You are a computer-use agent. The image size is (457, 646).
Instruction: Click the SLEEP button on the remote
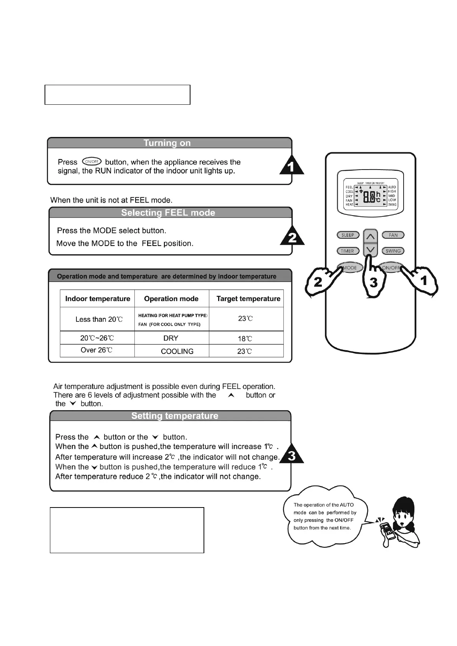click(x=348, y=235)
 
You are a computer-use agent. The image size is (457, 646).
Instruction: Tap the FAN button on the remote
click(x=393, y=235)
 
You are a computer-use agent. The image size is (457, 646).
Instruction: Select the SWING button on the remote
click(x=393, y=251)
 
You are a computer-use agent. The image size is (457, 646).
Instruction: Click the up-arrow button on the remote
click(x=370, y=236)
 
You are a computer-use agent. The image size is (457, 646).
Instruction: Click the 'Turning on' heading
click(x=167, y=143)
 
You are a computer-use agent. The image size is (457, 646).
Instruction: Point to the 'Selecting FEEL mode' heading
click(x=168, y=213)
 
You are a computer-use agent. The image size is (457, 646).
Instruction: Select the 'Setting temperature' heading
click(x=175, y=416)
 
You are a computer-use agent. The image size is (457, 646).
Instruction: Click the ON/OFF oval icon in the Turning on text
click(x=91, y=162)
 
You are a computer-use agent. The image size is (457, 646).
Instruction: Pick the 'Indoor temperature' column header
click(x=98, y=299)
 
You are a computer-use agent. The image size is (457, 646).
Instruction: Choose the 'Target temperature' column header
click(x=248, y=299)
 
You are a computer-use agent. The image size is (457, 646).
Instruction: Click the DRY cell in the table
click(x=171, y=338)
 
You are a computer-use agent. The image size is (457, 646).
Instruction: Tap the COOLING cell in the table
click(x=177, y=351)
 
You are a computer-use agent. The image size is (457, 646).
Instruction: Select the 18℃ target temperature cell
click(x=245, y=338)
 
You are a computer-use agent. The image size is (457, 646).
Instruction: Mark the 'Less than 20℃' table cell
click(x=99, y=319)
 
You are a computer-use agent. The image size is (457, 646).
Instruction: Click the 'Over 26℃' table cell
click(x=96, y=350)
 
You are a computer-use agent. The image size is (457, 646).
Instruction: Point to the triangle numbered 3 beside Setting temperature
click(x=292, y=456)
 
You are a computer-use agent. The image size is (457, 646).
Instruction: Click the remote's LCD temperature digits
click(x=369, y=197)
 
